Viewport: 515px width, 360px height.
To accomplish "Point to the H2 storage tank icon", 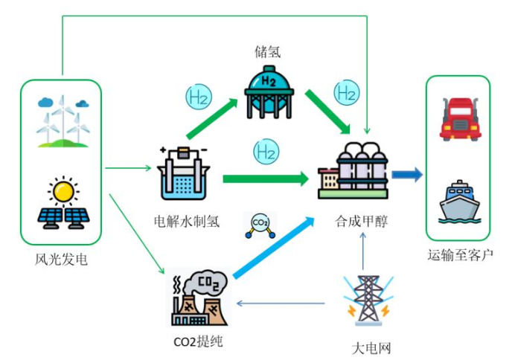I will (x=269, y=91).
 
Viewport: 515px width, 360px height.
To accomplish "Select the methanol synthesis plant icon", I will (x=354, y=172).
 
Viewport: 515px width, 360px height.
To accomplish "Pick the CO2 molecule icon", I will (x=260, y=225).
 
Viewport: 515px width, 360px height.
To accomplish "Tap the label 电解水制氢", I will (x=186, y=221).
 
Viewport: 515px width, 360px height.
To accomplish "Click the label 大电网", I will (x=371, y=348).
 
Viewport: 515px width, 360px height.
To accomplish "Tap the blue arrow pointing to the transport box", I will (x=407, y=174).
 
